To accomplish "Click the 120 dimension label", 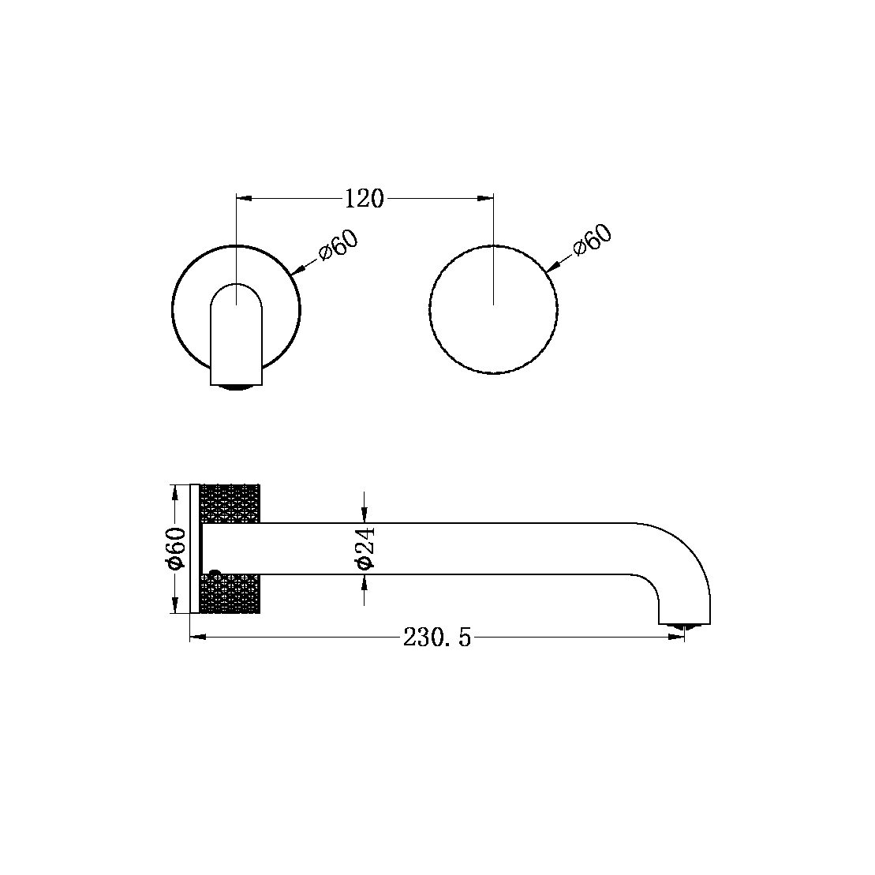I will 364,198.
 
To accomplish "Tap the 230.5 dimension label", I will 436,638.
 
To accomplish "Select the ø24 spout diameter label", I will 365,548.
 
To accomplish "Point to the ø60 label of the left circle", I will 338,246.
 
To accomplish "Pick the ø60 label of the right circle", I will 593,239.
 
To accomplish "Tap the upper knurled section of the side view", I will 231,503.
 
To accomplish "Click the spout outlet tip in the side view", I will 684,626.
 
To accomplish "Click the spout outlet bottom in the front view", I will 237,386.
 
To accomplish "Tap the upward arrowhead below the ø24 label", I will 364,582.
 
